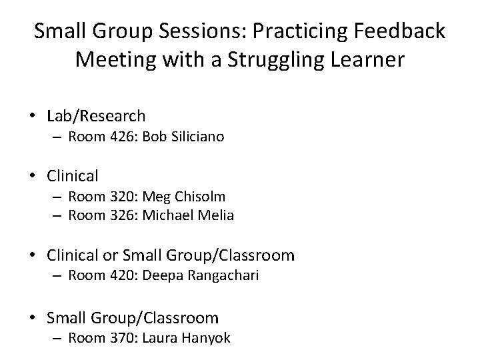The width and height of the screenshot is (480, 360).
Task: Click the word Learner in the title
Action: point(370,61)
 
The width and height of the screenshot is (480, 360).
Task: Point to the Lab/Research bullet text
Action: point(97,116)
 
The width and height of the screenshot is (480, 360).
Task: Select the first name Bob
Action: point(153,137)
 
